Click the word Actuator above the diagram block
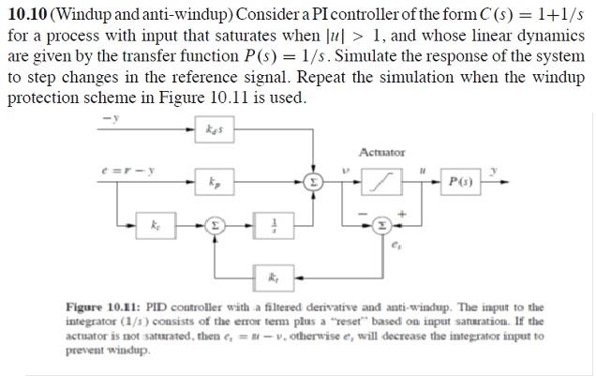point(381,152)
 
